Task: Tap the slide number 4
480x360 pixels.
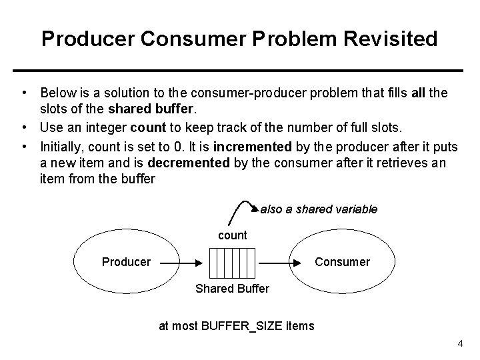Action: click(x=460, y=343)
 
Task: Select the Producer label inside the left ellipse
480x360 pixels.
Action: click(x=126, y=262)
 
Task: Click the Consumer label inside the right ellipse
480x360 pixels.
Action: click(x=342, y=262)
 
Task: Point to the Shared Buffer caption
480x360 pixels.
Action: click(x=232, y=289)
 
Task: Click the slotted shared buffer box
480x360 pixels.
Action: click(x=232, y=263)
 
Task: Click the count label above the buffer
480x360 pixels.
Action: click(x=233, y=235)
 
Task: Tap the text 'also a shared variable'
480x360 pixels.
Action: click(x=319, y=209)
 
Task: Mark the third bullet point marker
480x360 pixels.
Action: click(x=23, y=146)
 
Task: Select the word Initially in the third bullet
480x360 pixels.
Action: click(x=61, y=146)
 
